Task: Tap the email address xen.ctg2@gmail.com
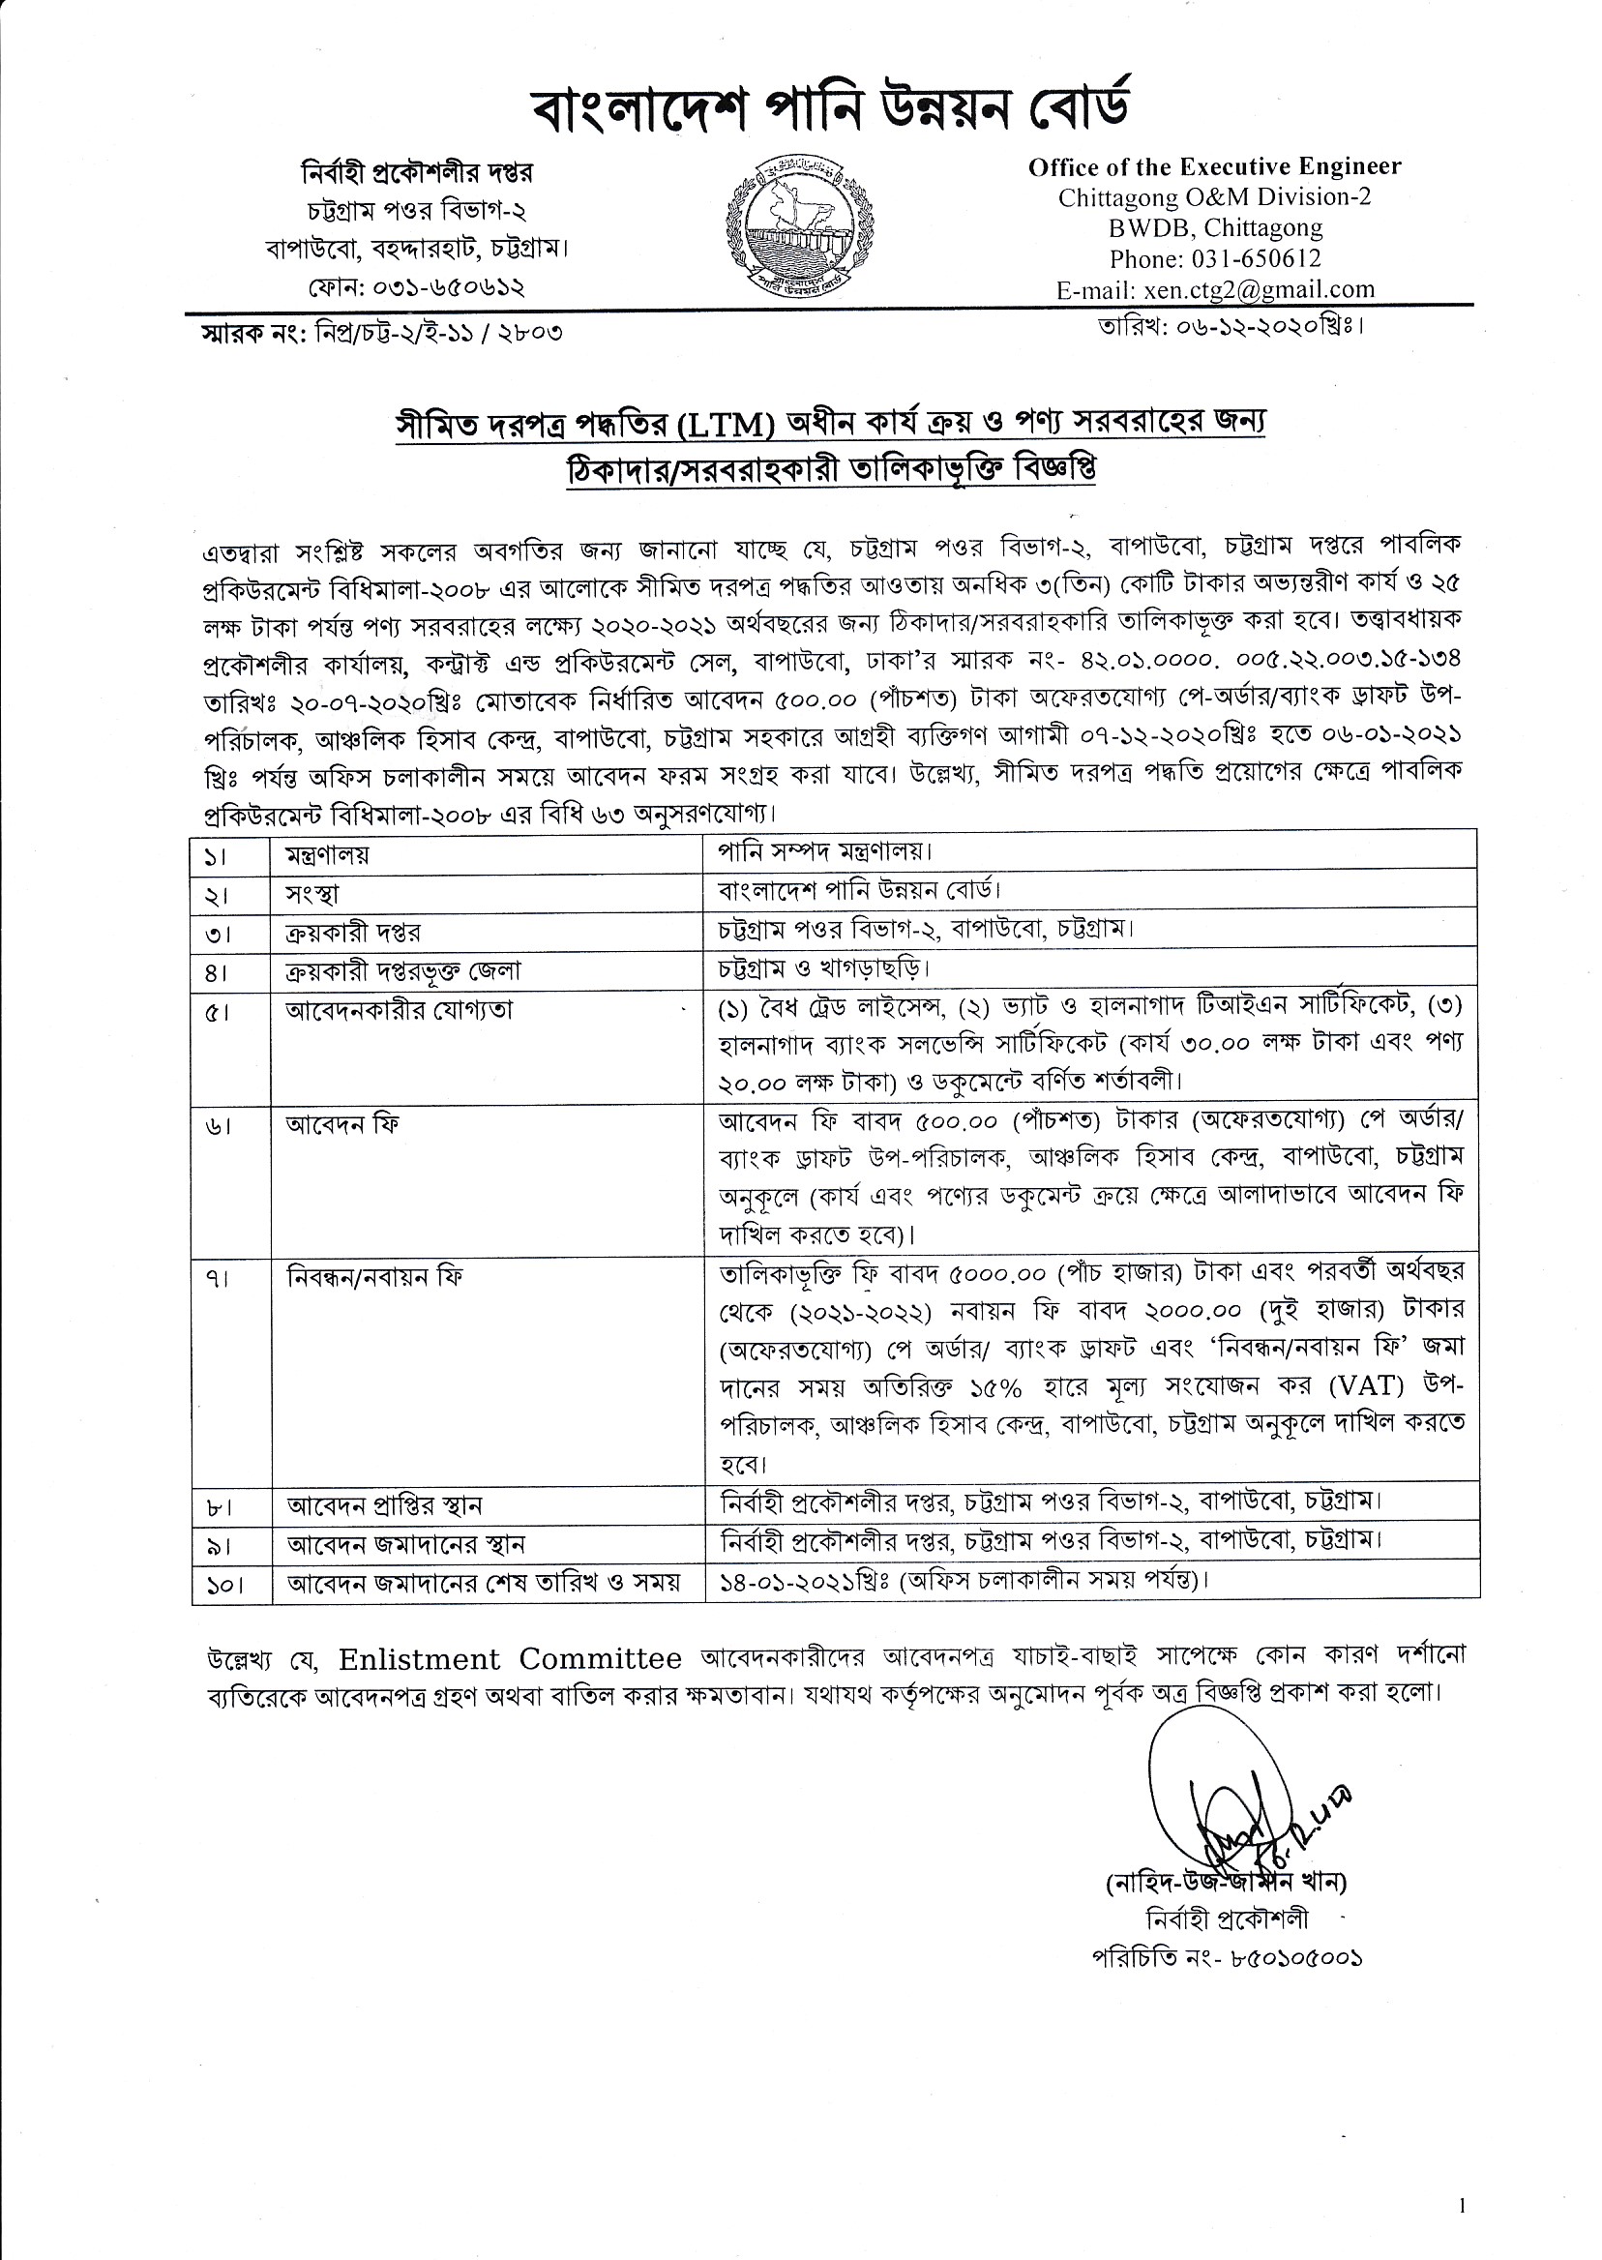tap(1259, 289)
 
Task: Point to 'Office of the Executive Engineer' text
tap(1214, 166)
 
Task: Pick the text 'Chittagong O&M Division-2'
tap(1214, 197)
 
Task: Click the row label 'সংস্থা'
tap(312, 894)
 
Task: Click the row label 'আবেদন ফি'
tap(342, 1124)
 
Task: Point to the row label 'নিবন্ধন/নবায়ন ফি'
tap(373, 1277)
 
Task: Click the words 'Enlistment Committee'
tap(509, 1659)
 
